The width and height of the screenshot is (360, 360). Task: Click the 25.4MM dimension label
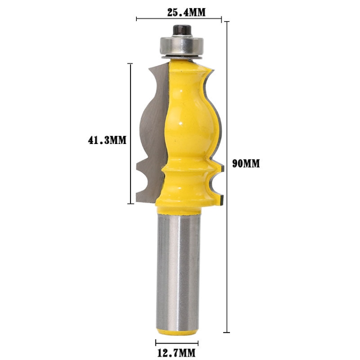pos(186,12)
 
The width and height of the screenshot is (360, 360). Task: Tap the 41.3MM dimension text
pos(107,140)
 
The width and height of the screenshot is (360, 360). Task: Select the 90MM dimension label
pos(246,164)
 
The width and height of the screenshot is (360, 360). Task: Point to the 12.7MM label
pos(176,352)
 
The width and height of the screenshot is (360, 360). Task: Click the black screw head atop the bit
pos(182,31)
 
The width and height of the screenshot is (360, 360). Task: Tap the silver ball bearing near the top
pos(181,47)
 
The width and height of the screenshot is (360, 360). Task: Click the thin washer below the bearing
pos(181,58)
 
